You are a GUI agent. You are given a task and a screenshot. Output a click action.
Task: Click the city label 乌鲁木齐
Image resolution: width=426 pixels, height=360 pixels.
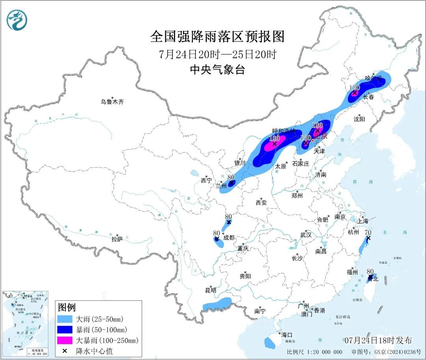(112, 102)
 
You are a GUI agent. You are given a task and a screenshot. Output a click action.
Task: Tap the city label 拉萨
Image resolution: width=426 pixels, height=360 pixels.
(117, 239)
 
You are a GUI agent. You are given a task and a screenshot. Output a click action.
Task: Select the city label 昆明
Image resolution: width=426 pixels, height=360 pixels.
(211, 290)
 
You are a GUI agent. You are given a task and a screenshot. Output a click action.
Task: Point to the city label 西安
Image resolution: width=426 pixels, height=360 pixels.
(261, 203)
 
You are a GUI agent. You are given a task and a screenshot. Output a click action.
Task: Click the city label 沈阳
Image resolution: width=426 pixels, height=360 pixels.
(359, 119)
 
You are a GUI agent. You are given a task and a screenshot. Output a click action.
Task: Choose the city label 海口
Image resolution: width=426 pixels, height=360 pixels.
(287, 334)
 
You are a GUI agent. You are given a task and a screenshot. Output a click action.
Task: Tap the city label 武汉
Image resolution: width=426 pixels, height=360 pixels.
(306, 235)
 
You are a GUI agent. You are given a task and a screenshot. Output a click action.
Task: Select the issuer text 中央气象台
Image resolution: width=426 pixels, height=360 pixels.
(217, 70)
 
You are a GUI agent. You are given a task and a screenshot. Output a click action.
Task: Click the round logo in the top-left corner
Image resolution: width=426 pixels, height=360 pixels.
(17, 20)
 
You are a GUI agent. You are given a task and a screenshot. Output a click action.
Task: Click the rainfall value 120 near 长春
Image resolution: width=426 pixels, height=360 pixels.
(355, 88)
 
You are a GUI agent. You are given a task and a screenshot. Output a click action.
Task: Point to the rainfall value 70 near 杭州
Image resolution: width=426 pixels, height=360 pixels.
(368, 232)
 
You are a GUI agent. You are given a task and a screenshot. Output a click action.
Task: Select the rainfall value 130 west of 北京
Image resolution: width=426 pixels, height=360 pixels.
(306, 138)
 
